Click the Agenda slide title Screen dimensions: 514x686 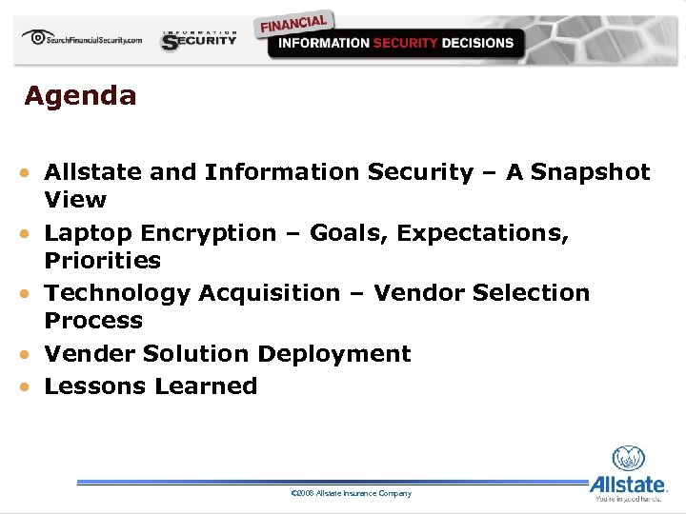click(80, 96)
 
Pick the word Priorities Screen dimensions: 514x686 click(103, 260)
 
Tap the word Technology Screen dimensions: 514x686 click(118, 293)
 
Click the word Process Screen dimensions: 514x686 click(93, 321)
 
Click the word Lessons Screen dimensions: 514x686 click(91, 386)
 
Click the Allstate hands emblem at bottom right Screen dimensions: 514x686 click(628, 459)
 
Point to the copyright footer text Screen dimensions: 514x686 click(351, 493)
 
